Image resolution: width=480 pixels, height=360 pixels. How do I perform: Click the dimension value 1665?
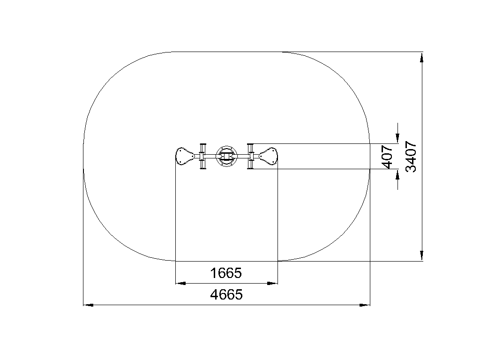[x=226, y=273]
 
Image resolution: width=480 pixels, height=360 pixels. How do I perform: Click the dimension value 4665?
[x=226, y=294]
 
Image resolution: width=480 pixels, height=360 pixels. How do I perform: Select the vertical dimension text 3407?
[x=411, y=157]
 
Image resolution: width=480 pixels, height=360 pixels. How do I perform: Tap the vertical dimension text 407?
[x=388, y=157]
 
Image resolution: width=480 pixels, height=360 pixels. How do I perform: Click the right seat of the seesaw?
[x=269, y=156]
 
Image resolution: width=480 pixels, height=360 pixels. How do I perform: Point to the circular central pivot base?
[x=226, y=156]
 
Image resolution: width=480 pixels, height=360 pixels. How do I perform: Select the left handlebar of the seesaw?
[x=202, y=156]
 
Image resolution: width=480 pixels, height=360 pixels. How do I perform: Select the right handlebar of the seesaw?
[x=251, y=156]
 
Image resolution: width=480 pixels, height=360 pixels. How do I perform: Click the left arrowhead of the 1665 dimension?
[x=180, y=284]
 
